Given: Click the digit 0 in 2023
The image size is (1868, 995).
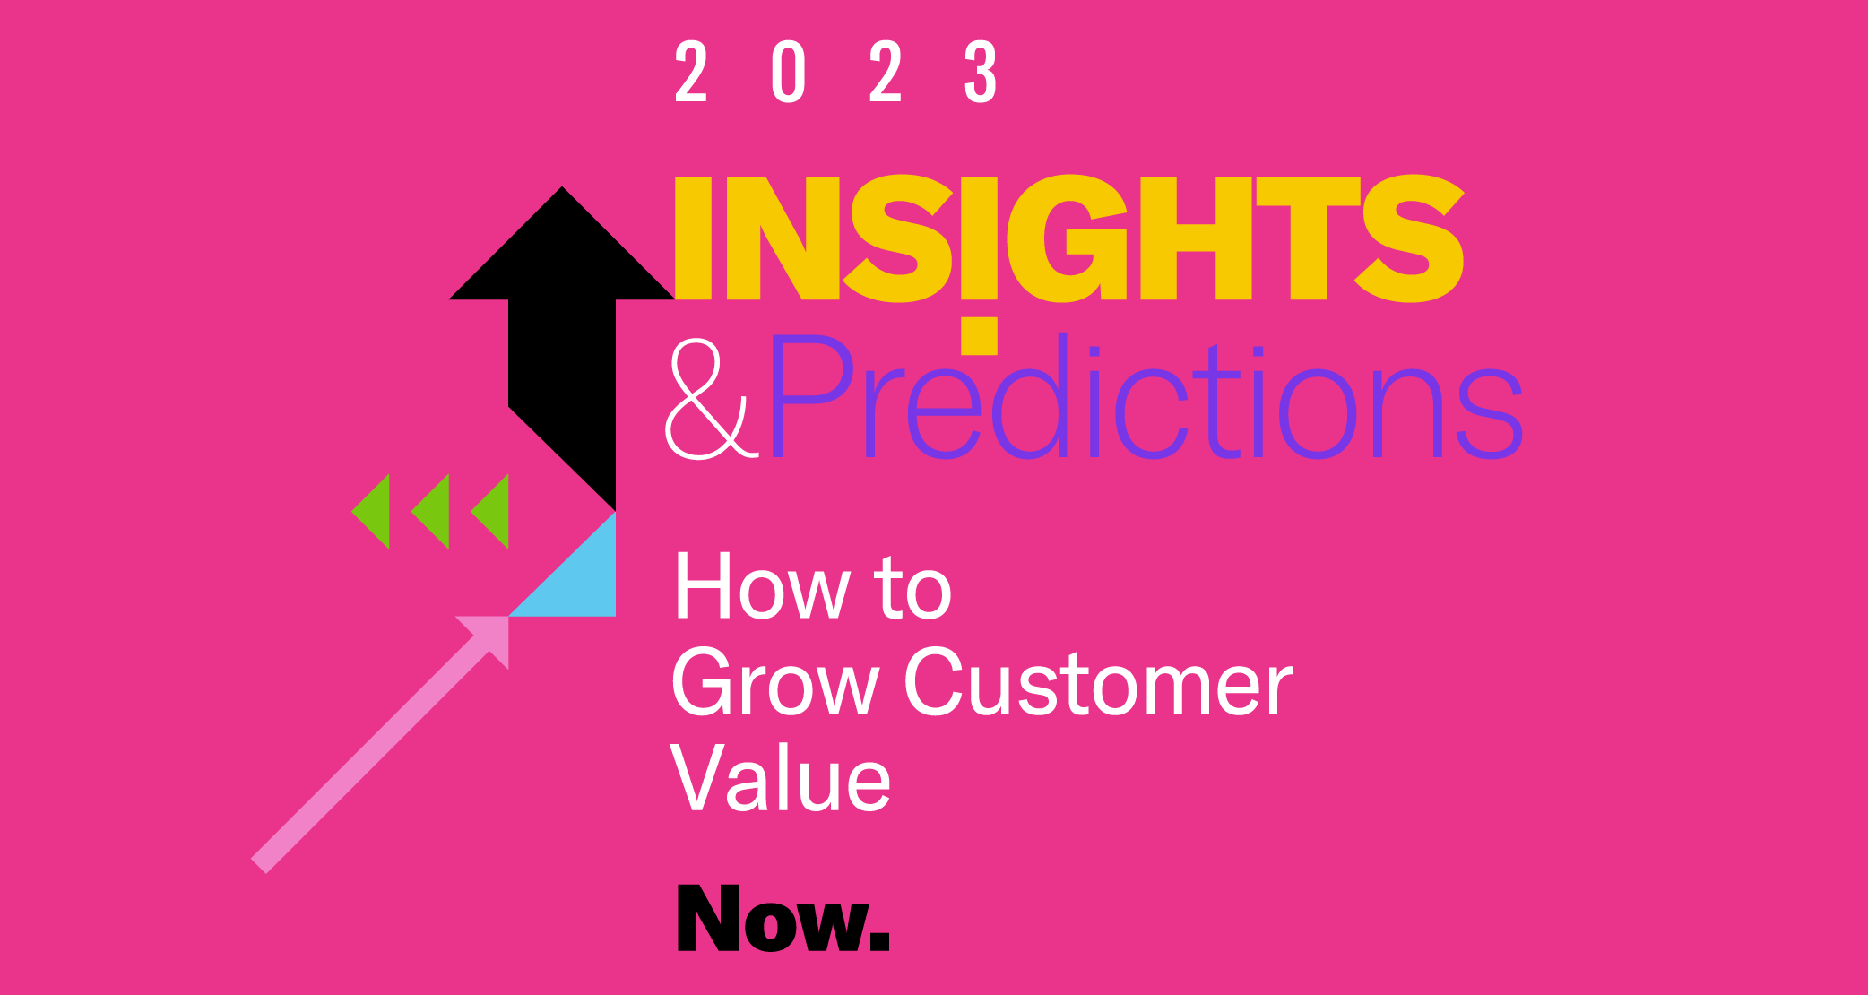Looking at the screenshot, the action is click(789, 72).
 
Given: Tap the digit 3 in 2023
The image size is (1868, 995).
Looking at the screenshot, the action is click(981, 72).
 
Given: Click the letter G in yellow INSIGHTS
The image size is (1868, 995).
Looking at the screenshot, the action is click(1066, 238).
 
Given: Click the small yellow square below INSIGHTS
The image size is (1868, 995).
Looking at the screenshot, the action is click(979, 335).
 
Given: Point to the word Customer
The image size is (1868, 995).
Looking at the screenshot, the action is click(1098, 683).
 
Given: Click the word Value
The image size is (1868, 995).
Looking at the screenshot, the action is click(781, 778).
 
